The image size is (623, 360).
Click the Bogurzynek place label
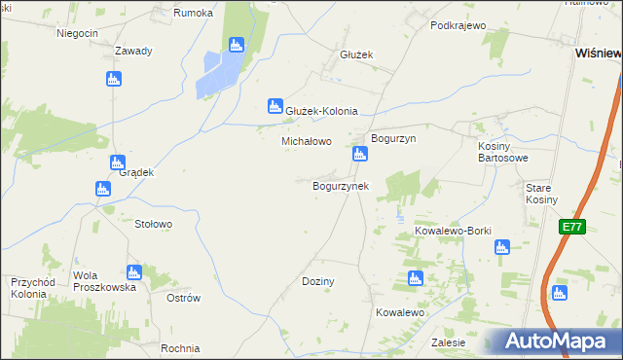340,185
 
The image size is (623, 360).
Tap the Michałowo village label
307,141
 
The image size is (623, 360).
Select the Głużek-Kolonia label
321,111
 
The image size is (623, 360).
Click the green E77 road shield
571,227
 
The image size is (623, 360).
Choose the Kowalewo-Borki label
453,231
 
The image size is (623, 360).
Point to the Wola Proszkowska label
105,282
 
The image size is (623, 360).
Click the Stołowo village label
153,224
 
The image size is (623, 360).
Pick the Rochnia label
181,348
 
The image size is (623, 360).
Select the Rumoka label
192,13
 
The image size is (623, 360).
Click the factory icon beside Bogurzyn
360,153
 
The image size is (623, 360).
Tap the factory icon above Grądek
118,162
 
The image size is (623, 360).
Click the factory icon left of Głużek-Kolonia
275,106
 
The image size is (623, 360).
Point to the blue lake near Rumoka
218,73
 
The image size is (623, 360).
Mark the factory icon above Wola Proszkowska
134,272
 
